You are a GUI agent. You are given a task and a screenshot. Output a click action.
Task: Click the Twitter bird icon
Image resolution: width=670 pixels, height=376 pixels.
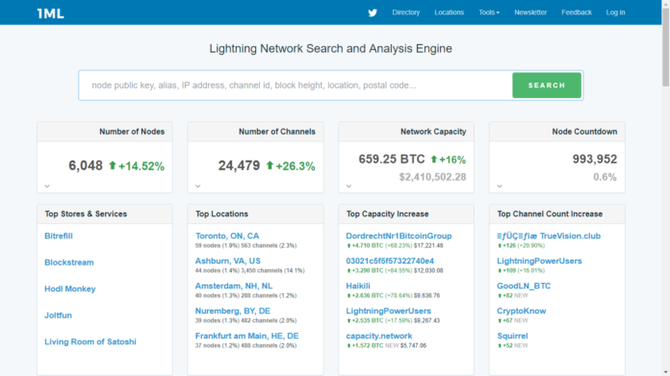click(x=373, y=13)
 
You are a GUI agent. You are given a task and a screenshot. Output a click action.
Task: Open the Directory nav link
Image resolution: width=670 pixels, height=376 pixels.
click(x=406, y=13)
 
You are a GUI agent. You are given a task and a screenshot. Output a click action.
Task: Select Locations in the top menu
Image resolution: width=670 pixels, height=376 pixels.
click(x=449, y=13)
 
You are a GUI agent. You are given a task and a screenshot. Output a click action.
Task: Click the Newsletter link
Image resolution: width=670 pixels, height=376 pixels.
click(x=530, y=13)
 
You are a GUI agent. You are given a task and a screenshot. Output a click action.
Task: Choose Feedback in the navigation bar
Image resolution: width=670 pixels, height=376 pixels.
click(x=577, y=13)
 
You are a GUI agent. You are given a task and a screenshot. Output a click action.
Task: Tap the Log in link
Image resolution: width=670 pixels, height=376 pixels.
click(x=615, y=13)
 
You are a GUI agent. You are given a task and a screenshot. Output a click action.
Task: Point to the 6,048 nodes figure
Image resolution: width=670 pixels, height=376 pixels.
click(x=86, y=165)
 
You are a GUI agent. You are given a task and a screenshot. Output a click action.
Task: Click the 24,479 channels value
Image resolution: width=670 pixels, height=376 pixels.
click(x=239, y=165)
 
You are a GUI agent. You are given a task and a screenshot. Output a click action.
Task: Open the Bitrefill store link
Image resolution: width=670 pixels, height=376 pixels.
click(x=59, y=236)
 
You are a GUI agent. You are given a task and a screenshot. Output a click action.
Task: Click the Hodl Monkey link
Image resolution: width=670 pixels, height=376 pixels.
click(x=69, y=288)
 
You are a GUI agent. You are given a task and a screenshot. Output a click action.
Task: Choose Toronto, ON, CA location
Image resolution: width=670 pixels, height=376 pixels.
click(x=227, y=236)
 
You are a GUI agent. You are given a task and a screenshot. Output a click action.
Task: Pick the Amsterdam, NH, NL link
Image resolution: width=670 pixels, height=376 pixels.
click(x=234, y=286)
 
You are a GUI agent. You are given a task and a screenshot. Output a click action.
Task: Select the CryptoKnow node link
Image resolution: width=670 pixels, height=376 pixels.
click(x=522, y=311)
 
